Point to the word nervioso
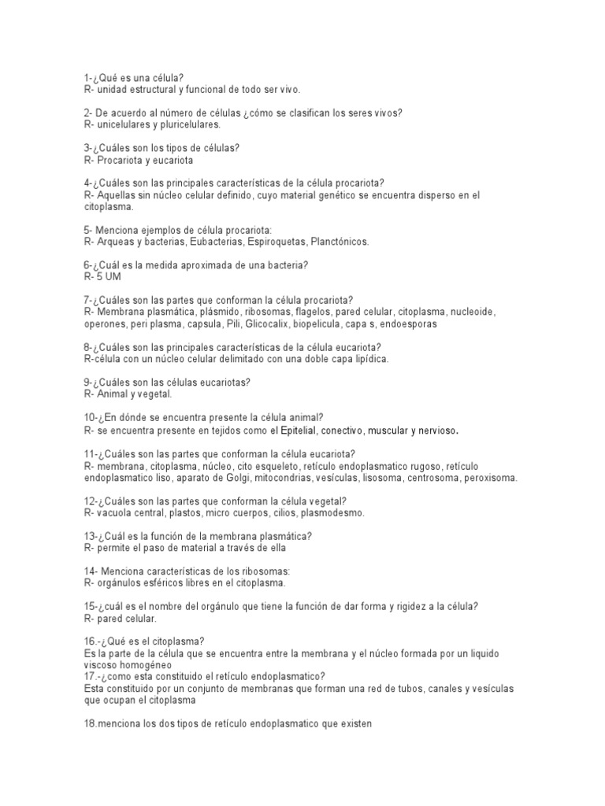point(434,431)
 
